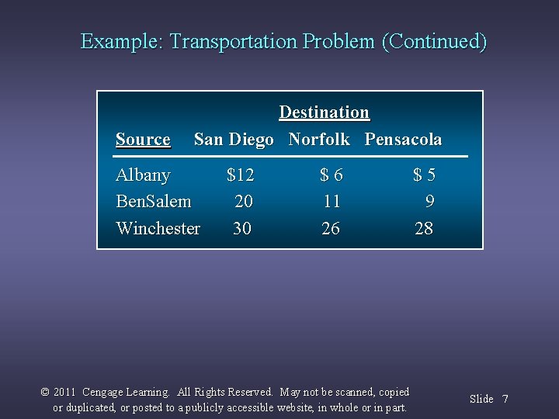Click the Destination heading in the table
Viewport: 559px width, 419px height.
point(324,113)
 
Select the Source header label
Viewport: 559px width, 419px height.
point(143,140)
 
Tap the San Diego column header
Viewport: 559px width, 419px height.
point(234,140)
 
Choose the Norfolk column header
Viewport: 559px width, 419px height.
point(319,140)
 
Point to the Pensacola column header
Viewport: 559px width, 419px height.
point(403,140)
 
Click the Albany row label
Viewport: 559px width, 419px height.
point(143,175)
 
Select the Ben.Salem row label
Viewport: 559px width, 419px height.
point(153,202)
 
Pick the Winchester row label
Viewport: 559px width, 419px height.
point(158,228)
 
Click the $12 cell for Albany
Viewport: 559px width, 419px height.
point(241,175)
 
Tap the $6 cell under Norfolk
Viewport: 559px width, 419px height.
point(332,175)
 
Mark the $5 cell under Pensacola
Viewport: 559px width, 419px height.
point(424,175)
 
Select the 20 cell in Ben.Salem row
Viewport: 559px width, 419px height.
point(244,202)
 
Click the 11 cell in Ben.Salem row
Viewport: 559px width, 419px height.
point(332,202)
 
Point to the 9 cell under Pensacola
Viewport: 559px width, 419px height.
point(429,202)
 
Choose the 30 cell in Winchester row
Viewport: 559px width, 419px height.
point(242,228)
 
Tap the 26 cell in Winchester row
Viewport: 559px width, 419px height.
point(331,228)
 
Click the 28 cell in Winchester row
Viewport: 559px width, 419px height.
point(424,228)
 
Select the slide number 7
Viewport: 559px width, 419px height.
point(505,399)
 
